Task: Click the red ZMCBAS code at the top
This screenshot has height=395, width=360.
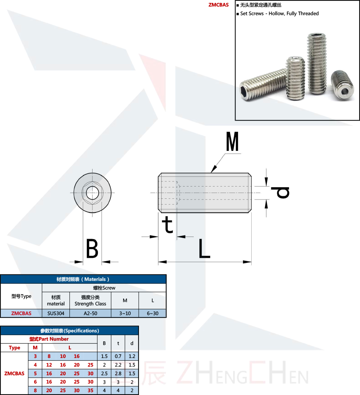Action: [x=219, y=5]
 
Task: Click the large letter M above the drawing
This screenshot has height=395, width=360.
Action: [x=233, y=142]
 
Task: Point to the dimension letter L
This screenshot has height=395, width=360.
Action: [x=204, y=248]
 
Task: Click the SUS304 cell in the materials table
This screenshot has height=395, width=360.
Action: [x=56, y=313]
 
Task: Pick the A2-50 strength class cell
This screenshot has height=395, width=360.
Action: [x=90, y=313]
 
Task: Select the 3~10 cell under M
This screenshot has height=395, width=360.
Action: [x=125, y=313]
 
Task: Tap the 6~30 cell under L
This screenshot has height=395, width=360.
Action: [x=153, y=313]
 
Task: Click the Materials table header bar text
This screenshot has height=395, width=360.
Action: [x=83, y=279]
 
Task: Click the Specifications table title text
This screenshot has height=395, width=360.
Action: [x=69, y=331]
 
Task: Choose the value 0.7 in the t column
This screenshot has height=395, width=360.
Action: [x=118, y=356]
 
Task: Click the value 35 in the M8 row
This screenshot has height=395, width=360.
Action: [x=90, y=391]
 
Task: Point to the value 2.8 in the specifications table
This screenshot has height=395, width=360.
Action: [x=118, y=373]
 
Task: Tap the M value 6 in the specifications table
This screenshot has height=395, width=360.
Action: [x=35, y=382]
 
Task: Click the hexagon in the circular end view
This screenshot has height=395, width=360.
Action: [x=92, y=192]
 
